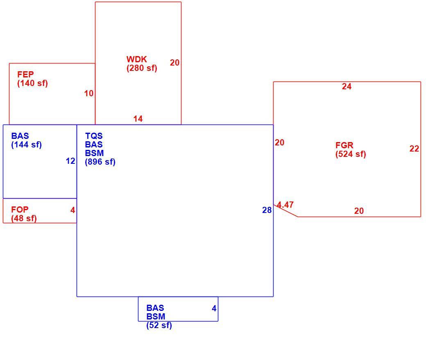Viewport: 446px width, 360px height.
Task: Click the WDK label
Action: tap(136, 59)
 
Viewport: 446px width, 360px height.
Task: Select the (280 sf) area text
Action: tap(142, 68)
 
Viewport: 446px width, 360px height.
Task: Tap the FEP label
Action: tap(25, 74)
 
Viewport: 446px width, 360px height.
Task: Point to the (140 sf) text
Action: tap(32, 83)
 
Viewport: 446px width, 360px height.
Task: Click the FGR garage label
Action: tap(344, 145)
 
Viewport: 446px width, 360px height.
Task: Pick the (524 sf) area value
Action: tap(351, 154)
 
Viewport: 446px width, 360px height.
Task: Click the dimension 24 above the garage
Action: tap(346, 86)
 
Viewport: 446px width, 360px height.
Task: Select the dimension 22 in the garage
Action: tap(414, 148)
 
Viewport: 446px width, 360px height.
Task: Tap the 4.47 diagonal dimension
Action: tap(285, 205)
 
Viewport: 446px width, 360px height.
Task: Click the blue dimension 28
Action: tap(267, 210)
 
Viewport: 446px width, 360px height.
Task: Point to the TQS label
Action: tap(93, 136)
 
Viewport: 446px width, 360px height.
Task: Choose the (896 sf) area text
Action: tap(100, 162)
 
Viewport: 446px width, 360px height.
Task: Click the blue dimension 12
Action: tap(70, 161)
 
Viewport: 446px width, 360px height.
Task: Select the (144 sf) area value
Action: tap(27, 145)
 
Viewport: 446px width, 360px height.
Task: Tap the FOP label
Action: tap(20, 210)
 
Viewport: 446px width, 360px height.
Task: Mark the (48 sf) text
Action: tap(24, 218)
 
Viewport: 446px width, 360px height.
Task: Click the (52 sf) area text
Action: tap(159, 325)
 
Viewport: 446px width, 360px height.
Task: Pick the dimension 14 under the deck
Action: tap(138, 119)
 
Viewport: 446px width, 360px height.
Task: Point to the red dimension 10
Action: tap(89, 93)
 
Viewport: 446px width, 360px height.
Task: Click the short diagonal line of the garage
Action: tap(285, 211)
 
